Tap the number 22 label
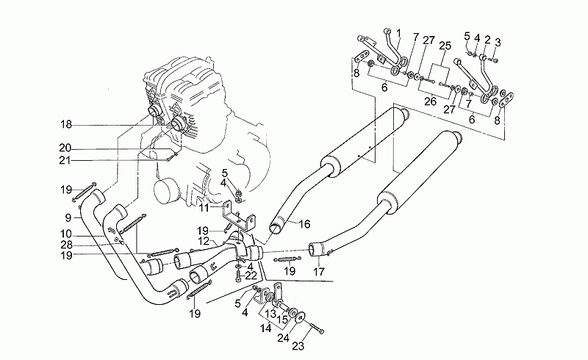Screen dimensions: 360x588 pyautogui.click(x=251, y=275)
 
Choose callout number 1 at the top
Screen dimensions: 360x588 pyautogui.click(x=398, y=32)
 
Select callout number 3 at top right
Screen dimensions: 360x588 pyautogui.click(x=498, y=41)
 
